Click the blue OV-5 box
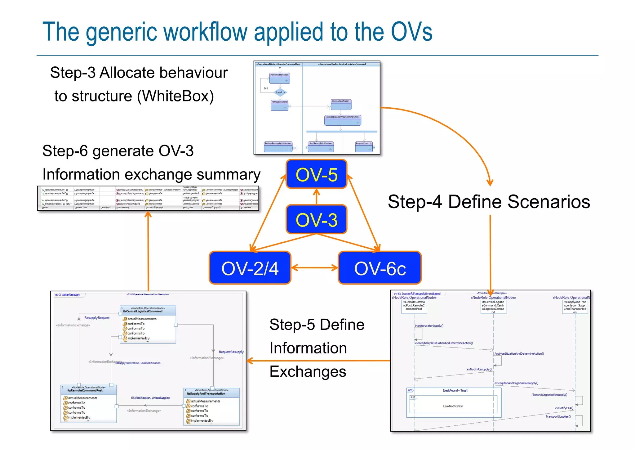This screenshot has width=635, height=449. point(316,174)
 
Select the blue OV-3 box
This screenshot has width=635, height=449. point(316,219)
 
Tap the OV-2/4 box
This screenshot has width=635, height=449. point(250,268)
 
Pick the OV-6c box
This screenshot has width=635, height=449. point(380,268)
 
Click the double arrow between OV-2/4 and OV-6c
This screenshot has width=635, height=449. point(314,268)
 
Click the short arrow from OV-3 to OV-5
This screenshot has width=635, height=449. point(316,197)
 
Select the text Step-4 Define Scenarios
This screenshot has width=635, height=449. point(489,202)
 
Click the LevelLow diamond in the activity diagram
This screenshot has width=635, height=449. point(281,92)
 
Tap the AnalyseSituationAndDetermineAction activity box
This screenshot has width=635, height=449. point(342,120)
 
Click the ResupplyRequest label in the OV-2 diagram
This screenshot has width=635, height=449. point(97,318)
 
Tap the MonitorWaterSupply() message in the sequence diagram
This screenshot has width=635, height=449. point(429,326)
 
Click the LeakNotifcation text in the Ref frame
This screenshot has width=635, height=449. point(453,406)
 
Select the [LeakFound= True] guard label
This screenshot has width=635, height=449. point(455,390)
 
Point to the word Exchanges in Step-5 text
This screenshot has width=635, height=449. point(308,371)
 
